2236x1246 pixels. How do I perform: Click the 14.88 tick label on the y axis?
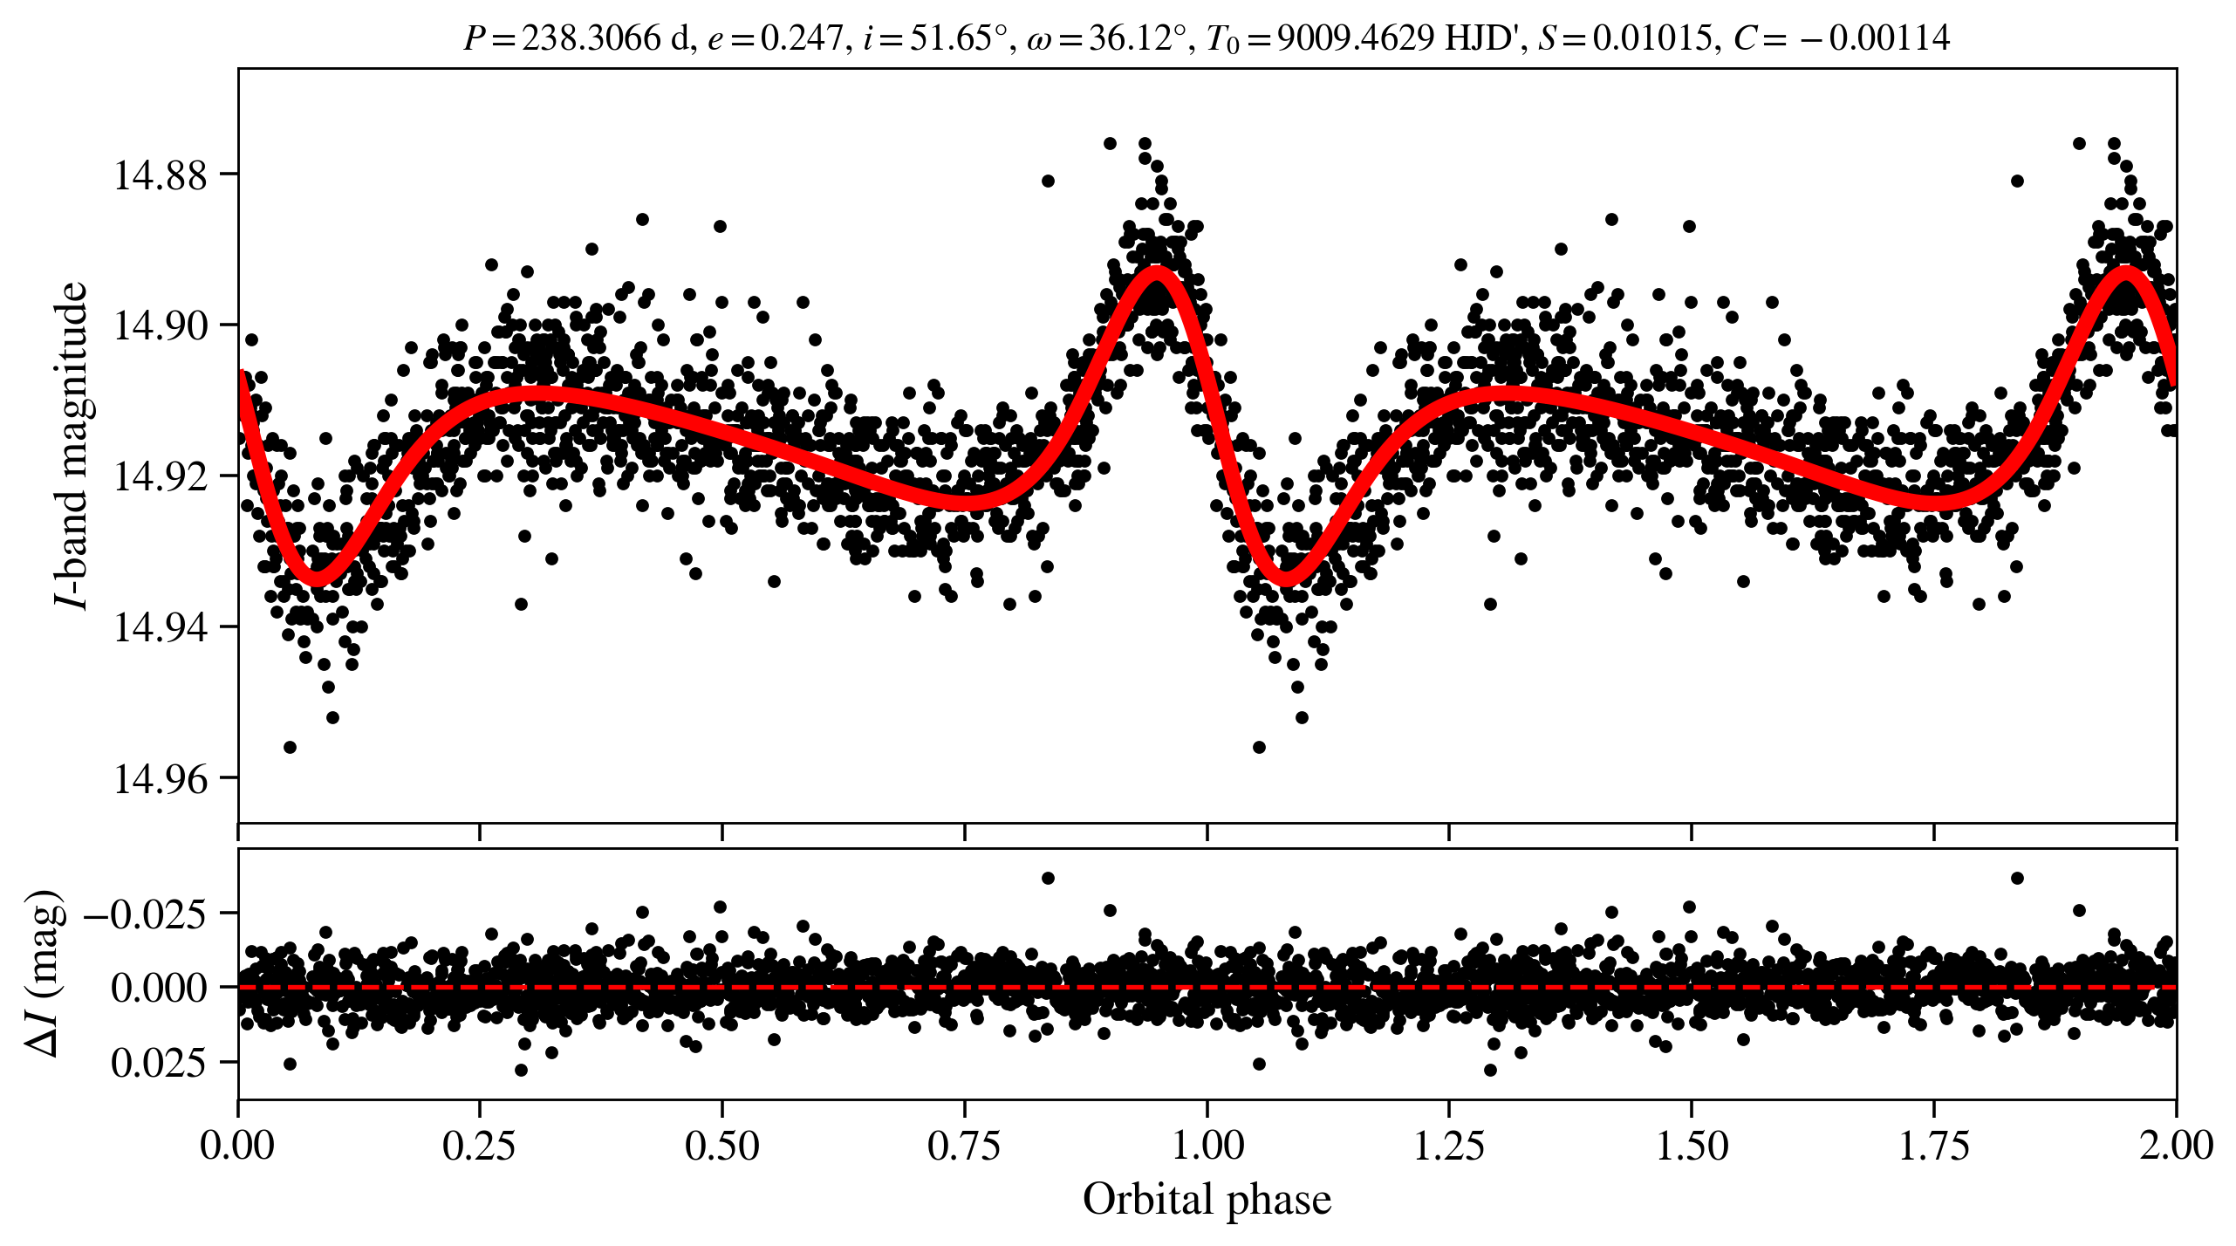[148, 175]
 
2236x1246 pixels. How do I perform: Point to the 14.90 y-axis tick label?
[148, 325]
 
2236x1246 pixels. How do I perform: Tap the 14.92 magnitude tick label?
[148, 476]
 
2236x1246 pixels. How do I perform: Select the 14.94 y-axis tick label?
[148, 627]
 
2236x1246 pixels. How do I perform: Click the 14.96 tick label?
[148, 778]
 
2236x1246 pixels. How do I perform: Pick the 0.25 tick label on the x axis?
[479, 1146]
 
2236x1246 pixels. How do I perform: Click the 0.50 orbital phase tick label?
[721, 1146]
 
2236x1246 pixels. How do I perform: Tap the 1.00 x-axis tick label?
[1207, 1146]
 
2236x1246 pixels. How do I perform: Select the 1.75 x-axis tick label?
[1934, 1146]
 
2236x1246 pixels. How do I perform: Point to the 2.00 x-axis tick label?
[2176, 1146]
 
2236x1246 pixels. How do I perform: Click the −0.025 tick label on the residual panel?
[146, 914]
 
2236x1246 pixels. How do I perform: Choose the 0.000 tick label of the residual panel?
[159, 988]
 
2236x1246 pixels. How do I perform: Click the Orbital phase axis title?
[1207, 1199]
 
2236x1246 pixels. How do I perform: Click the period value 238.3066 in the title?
[591, 38]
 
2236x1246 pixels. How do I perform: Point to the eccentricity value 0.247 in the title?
[801, 38]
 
